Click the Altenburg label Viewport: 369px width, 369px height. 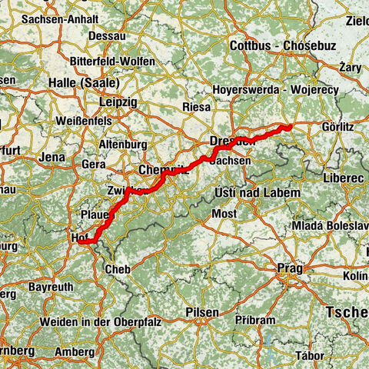pyautogui.click(x=124, y=144)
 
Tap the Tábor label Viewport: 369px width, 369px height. pyautogui.click(x=314, y=354)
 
